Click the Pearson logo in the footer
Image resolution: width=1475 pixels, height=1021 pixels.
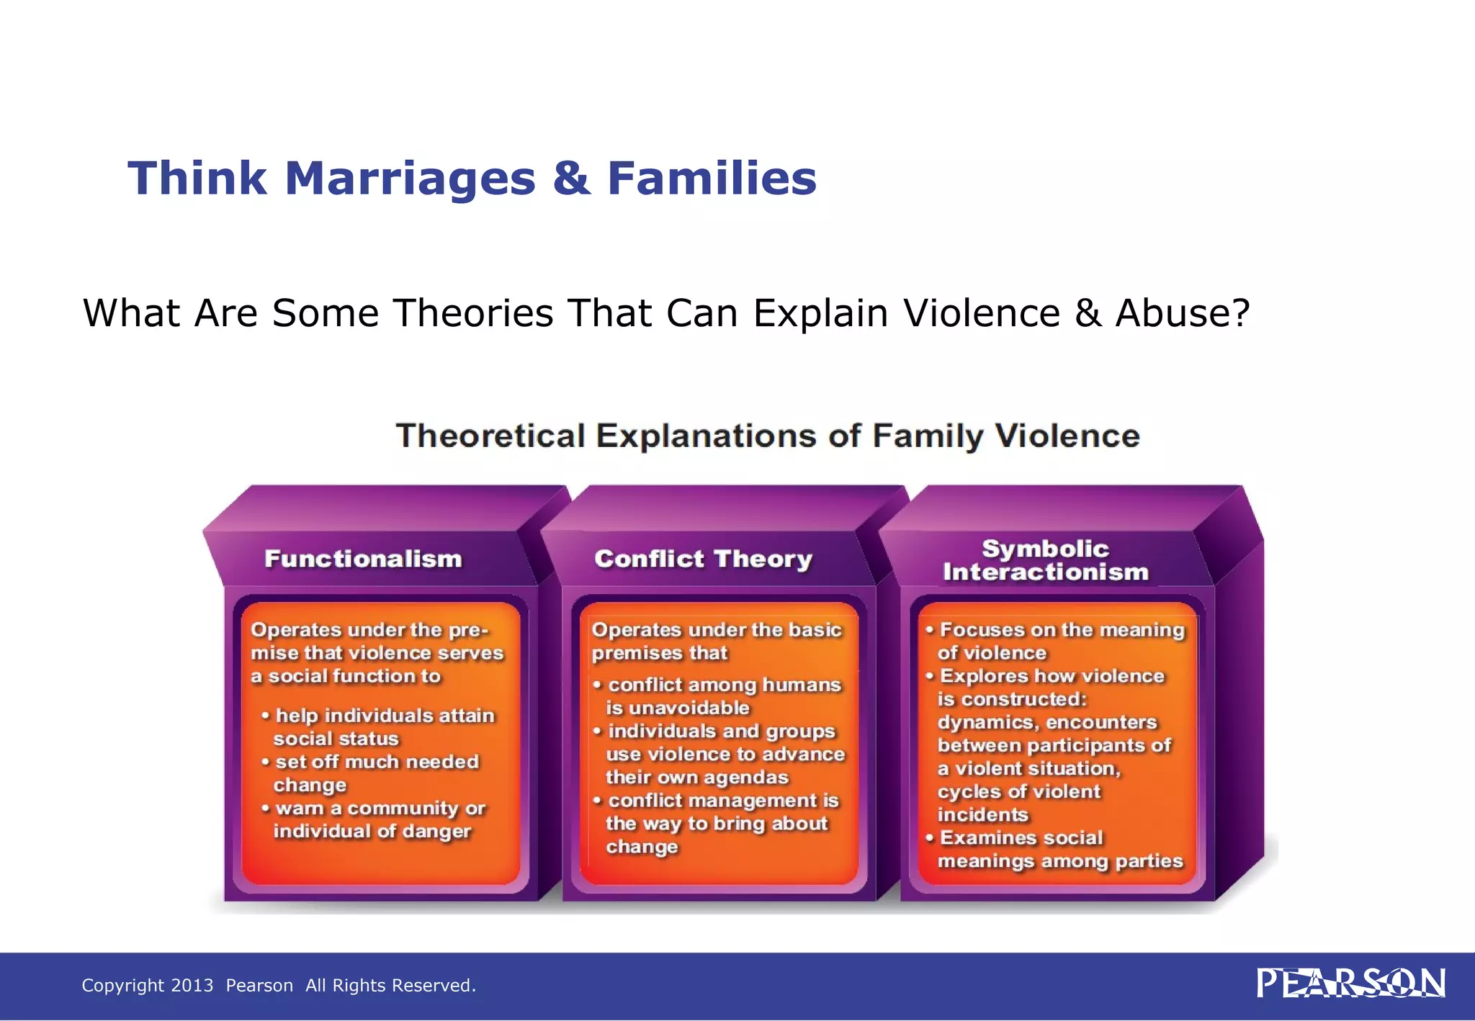pos(1350,984)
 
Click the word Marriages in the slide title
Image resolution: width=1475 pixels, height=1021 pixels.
pos(410,179)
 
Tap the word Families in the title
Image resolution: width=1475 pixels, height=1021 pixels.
pos(712,179)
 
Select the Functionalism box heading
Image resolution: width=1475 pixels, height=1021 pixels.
pos(363,559)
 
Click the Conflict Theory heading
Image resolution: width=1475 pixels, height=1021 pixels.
pos(703,559)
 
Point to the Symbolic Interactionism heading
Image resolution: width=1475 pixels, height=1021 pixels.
pos(1045,560)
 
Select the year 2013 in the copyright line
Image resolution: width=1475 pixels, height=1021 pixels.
pos(192,985)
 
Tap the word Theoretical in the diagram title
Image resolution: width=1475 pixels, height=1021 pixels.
pos(490,436)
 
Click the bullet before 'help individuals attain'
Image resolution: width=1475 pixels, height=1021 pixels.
pos(265,715)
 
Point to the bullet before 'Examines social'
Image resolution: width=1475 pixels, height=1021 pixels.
pos(929,837)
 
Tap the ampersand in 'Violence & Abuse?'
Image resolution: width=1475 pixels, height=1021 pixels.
pos(1088,313)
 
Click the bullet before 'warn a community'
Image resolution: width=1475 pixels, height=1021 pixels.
pos(265,808)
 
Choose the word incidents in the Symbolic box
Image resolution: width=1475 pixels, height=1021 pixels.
pos(982,815)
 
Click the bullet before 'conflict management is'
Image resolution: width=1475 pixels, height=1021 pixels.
pos(597,800)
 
